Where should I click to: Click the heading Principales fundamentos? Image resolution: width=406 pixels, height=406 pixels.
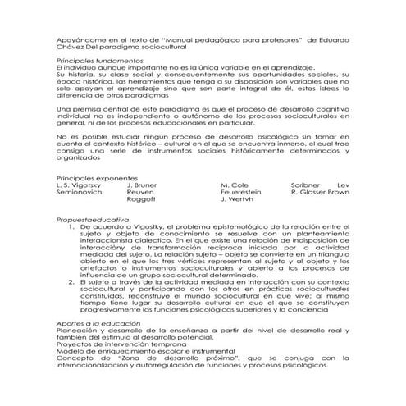point(97,61)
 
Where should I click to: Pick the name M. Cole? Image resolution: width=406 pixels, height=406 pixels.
point(235,185)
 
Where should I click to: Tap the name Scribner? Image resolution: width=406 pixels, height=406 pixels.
point(308,185)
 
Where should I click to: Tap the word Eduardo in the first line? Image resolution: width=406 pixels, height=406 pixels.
point(331,39)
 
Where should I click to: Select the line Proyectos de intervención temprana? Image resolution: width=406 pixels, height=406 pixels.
point(117,345)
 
